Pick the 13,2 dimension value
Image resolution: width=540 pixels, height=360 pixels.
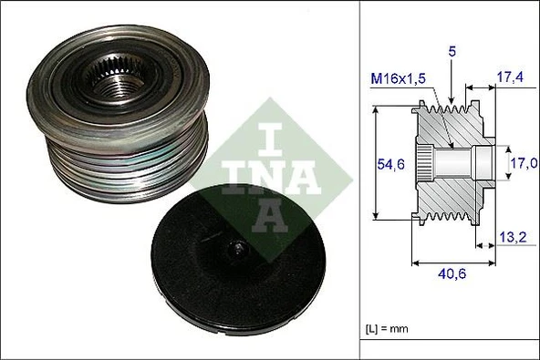[512, 239]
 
